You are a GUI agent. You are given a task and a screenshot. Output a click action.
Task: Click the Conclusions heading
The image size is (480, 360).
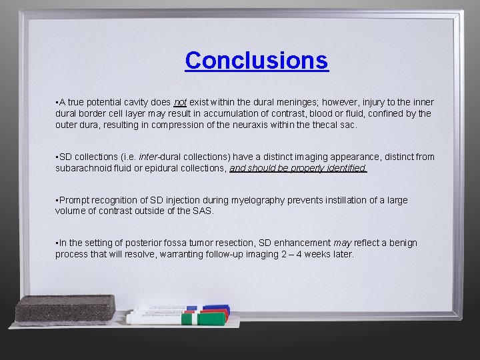pyautogui.click(x=257, y=60)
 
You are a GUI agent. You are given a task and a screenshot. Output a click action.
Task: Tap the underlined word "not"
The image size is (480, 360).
pyautogui.click(x=179, y=102)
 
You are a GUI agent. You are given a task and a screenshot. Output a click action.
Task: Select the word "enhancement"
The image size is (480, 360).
pyautogui.click(x=301, y=243)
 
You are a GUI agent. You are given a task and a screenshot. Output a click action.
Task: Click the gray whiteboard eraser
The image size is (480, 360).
pyautogui.click(x=65, y=309)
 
